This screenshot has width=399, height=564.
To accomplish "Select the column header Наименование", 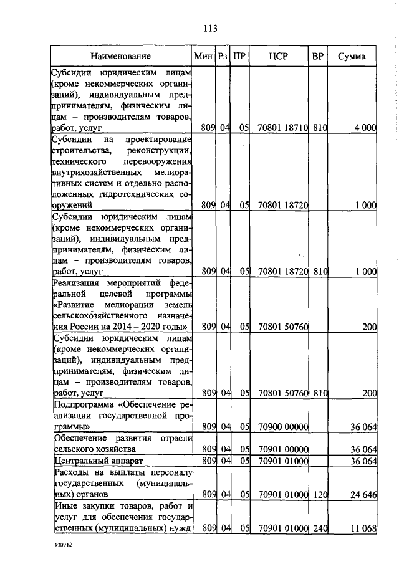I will (x=120, y=57).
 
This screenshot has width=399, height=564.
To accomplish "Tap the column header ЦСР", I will (x=278, y=57).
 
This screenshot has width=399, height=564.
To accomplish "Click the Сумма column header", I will (x=352, y=57).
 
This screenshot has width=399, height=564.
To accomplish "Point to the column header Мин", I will (x=203, y=57).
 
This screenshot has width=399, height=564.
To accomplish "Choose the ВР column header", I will (x=317, y=57).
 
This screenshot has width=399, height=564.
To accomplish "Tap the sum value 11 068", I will (x=363, y=529).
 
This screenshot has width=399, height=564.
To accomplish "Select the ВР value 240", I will (x=319, y=529).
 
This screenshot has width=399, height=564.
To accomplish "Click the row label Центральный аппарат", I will (x=90, y=461).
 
